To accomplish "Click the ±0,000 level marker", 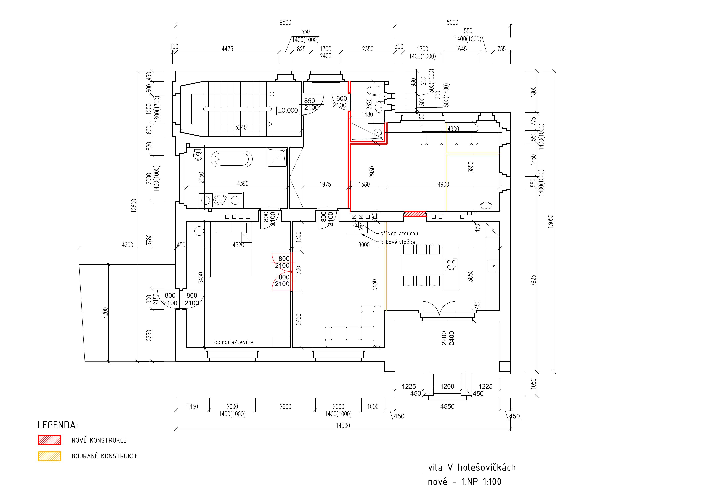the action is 288,110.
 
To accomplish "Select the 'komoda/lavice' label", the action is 233,342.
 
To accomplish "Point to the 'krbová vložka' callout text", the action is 398,242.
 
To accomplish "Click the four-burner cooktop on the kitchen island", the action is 451,265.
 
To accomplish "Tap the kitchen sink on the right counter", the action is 493,266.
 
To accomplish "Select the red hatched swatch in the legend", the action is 49,440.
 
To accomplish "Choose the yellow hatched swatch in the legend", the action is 49,456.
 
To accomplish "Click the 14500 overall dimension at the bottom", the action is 343,425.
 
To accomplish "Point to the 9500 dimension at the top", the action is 285,22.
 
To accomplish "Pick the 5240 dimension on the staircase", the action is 241,127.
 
